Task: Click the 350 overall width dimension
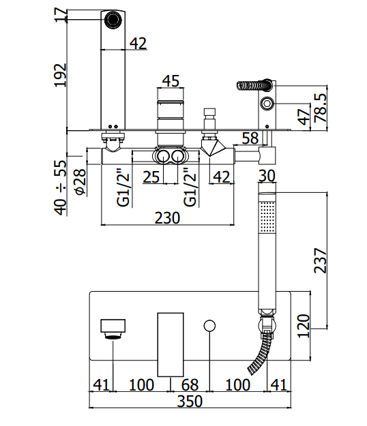coord(190,401)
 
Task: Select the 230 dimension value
coord(167,218)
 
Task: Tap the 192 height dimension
coord(60,75)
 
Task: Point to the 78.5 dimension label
coord(320,108)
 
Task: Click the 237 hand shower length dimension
coord(320,260)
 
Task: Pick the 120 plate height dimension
coord(304,326)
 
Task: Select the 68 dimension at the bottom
coord(190,384)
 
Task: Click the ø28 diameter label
coord(80,182)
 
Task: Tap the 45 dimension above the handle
coord(171,81)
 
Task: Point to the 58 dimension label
coord(250,138)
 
